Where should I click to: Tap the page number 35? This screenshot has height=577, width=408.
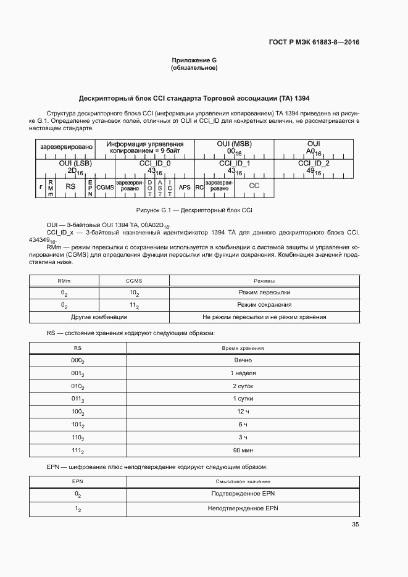pos(355,525)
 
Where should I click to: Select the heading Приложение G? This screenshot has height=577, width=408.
pos(194,60)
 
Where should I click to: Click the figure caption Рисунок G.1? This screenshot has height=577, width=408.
pos(194,210)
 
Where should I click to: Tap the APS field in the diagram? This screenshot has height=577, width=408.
pos(184,186)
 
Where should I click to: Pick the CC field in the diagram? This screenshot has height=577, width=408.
pos(254,186)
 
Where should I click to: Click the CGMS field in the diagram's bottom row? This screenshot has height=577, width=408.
pos(105,186)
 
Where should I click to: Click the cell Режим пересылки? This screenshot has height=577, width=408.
pos(264,292)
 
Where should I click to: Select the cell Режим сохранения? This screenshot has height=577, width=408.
pos(264,305)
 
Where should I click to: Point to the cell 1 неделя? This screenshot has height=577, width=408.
pos(243,373)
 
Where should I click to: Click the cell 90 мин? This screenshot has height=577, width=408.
pos(243,451)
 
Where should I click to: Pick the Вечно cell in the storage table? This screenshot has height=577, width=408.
pos(243,360)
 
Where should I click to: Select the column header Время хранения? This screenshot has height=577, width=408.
pos(243,348)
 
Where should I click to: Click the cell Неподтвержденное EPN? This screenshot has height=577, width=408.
pos(243,508)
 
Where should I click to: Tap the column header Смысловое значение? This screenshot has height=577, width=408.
pos(243,481)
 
